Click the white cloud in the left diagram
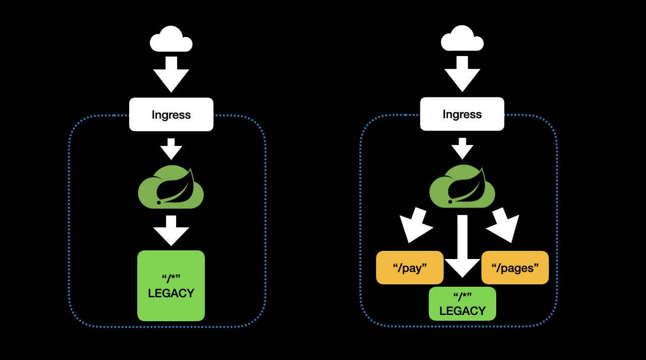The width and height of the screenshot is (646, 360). (171, 40)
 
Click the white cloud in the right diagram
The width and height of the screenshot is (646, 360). (462, 40)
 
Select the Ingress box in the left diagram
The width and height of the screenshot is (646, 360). (171, 114)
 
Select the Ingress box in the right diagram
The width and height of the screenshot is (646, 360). (462, 114)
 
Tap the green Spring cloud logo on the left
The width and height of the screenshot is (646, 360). (171, 187)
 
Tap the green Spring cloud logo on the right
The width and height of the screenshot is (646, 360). (462, 186)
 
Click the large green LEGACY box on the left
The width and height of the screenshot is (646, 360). (171, 286)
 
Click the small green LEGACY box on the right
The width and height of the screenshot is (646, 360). (462, 303)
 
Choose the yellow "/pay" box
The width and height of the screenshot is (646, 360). (410, 268)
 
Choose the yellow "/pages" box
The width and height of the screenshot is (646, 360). (515, 268)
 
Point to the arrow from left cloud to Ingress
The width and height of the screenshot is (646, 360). (171, 74)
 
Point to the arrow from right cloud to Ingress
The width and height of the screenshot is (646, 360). (462, 74)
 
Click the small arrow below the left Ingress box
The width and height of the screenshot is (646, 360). (171, 149)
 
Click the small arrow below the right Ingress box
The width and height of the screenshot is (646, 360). (462, 148)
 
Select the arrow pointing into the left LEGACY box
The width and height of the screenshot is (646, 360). (171, 231)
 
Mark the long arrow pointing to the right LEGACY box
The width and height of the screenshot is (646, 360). (462, 246)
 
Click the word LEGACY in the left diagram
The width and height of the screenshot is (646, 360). (171, 293)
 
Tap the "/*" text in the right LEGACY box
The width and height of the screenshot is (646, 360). (462, 295)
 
